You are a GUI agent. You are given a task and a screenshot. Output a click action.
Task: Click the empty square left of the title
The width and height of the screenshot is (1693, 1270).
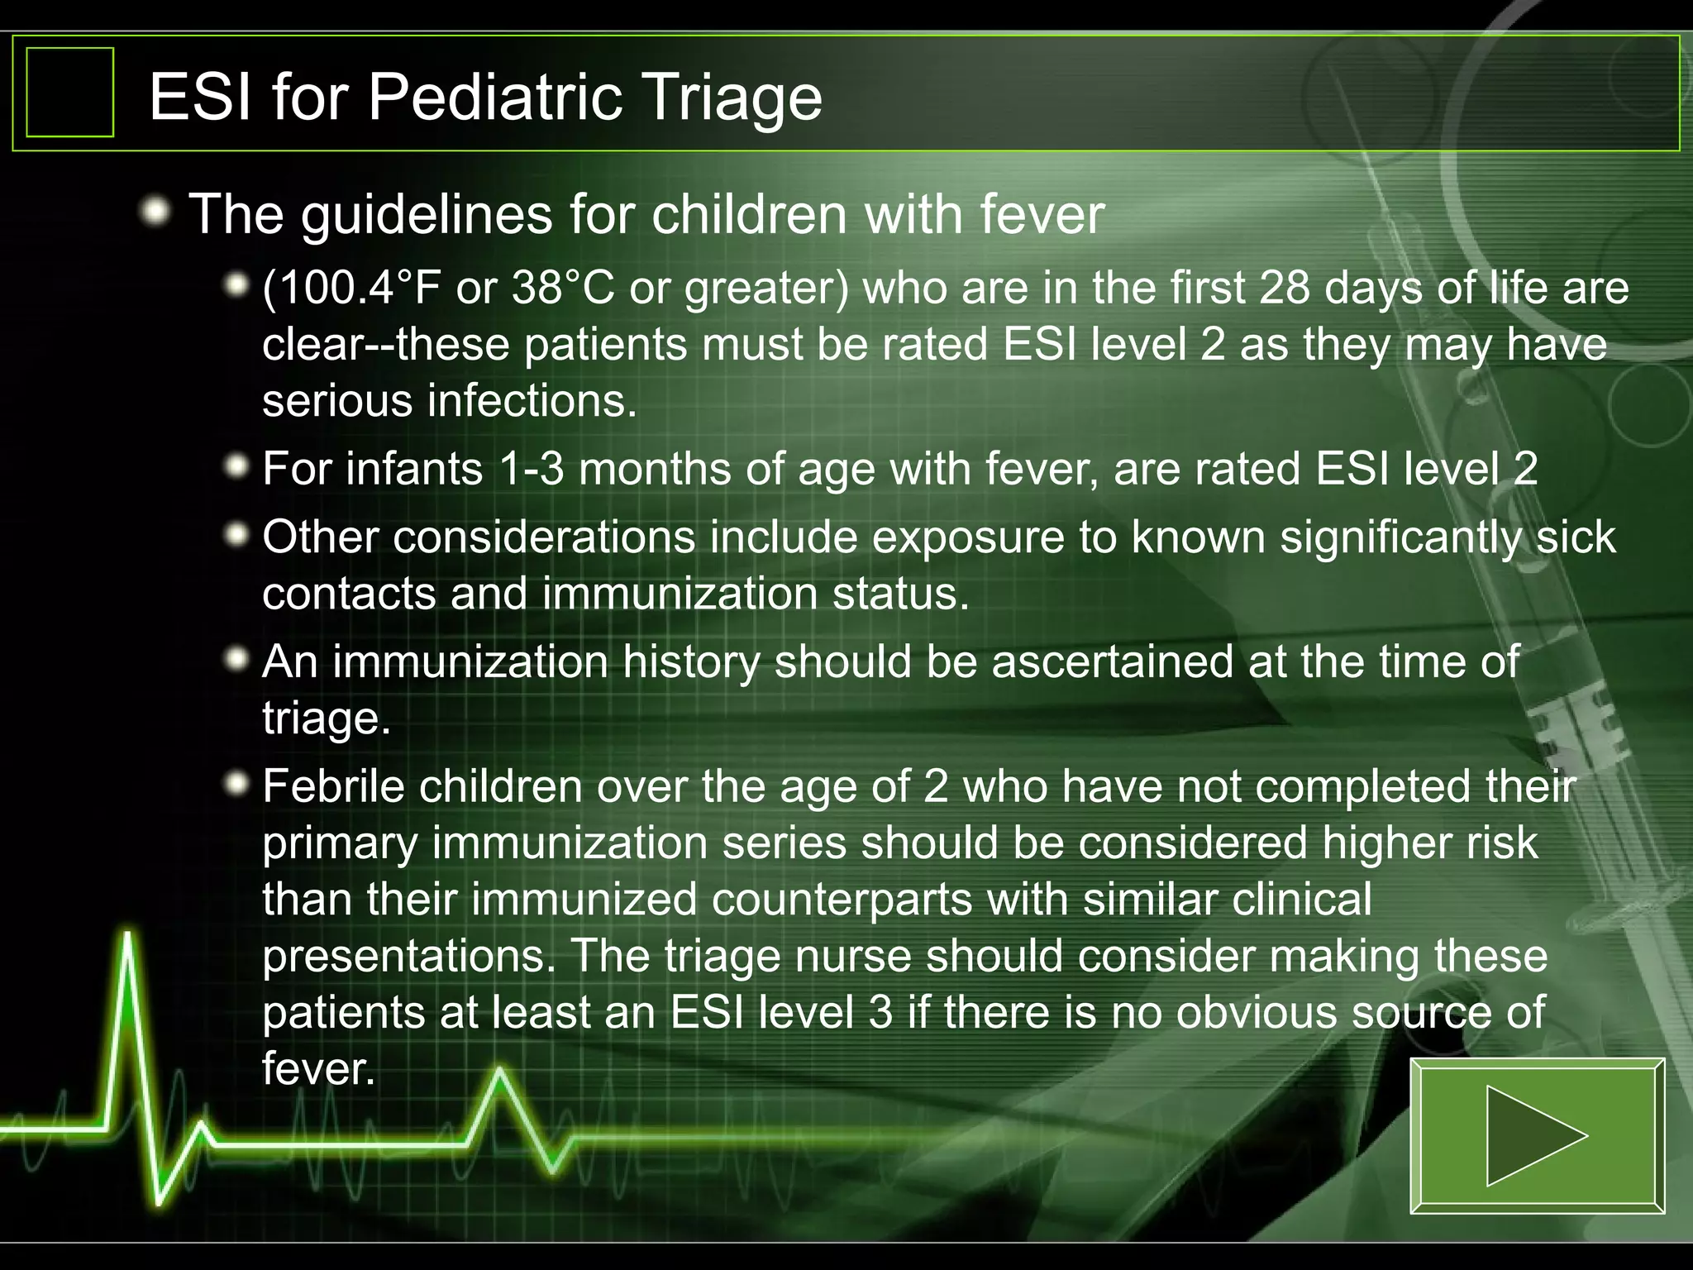(x=70, y=93)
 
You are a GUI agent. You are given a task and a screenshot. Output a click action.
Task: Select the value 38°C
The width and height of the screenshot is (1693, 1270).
(x=563, y=289)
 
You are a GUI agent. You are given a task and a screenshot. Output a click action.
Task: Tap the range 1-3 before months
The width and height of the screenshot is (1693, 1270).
(x=532, y=469)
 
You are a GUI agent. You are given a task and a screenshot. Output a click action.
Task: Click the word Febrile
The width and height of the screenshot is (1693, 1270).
(x=339, y=786)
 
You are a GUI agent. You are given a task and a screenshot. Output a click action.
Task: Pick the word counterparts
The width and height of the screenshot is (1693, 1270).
(x=841, y=900)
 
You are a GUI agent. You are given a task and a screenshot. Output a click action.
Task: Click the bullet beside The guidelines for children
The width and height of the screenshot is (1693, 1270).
(x=155, y=213)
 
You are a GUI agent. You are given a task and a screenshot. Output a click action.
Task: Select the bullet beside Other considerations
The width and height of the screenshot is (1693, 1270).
(x=237, y=536)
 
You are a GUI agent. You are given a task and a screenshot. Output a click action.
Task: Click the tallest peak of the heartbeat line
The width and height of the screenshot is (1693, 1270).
(x=128, y=938)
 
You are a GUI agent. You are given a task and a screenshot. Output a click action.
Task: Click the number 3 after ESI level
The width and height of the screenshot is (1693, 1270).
(x=880, y=1013)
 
